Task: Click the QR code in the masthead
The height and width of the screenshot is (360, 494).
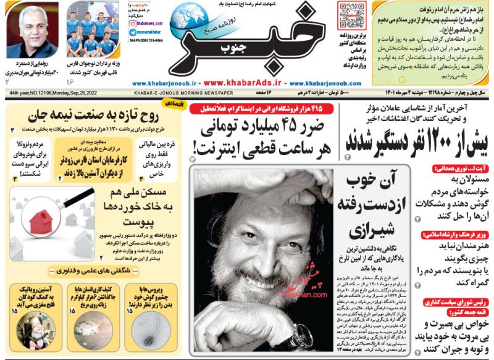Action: click(x=352, y=14)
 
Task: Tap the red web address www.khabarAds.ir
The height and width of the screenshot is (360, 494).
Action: click(x=243, y=83)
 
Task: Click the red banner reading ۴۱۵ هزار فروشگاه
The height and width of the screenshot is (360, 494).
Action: click(x=262, y=109)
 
